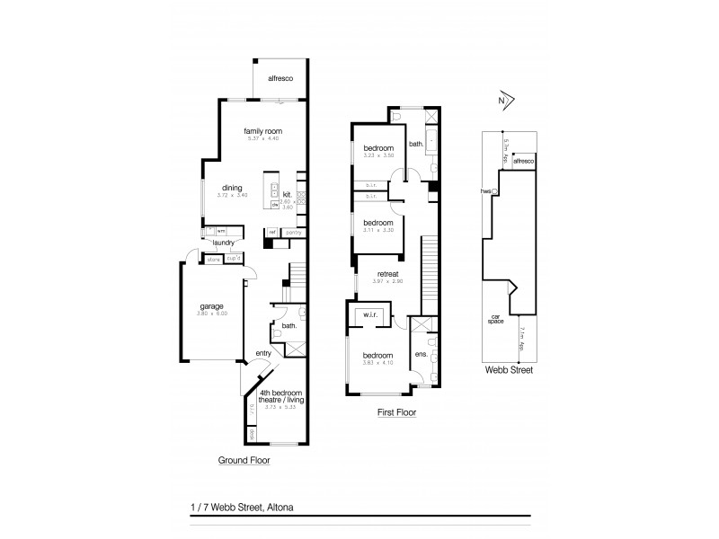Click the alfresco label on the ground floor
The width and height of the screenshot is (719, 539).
tap(282, 78)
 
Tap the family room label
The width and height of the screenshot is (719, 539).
tap(262, 131)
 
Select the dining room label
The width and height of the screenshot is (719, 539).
tap(231, 188)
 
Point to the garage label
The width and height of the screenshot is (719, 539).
tap(211, 306)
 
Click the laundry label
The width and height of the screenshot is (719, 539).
tap(224, 243)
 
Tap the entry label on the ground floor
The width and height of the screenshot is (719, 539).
tap(262, 353)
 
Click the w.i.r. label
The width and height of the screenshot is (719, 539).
tap(369, 315)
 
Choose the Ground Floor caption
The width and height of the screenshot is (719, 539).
tap(244, 460)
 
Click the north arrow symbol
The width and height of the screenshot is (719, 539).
tap(505, 102)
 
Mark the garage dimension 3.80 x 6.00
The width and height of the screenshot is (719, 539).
tap(211, 314)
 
